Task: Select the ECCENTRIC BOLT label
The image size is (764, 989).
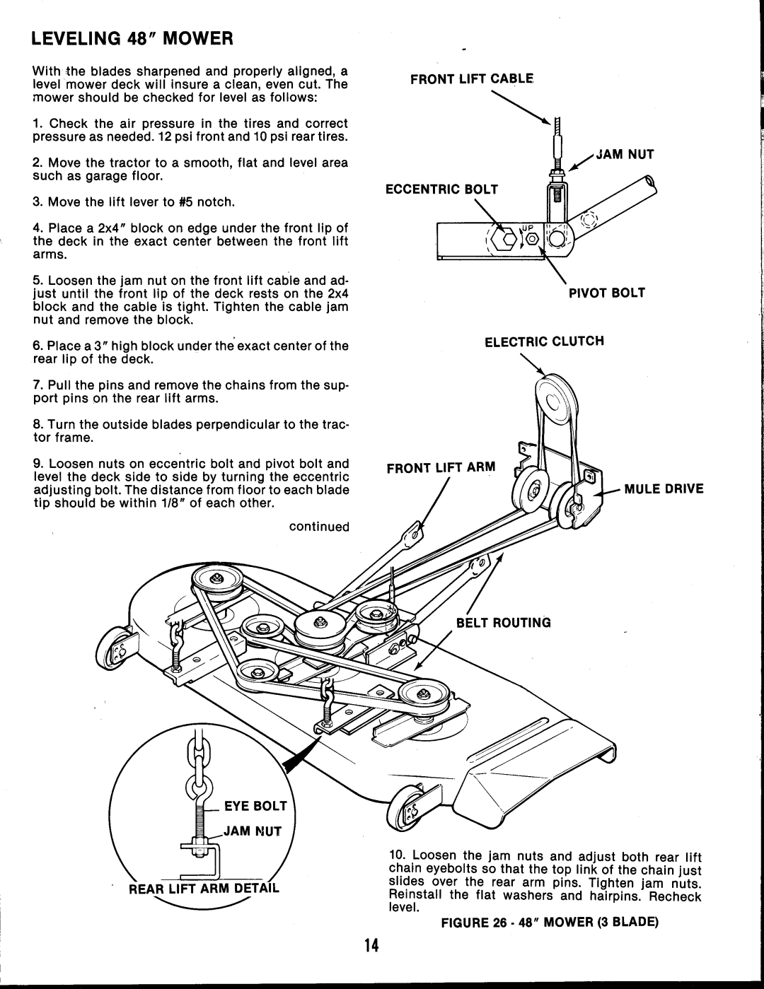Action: (x=442, y=189)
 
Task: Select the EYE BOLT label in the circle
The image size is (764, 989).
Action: (x=255, y=805)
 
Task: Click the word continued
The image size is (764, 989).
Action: (x=319, y=527)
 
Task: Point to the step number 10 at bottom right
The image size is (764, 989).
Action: (x=396, y=856)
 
